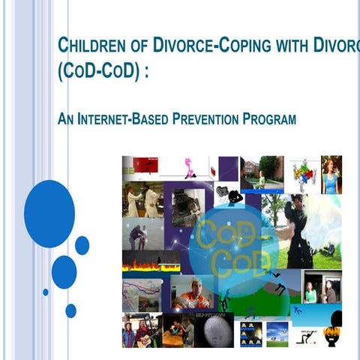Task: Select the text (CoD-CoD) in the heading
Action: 98,76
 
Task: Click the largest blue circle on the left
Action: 49,214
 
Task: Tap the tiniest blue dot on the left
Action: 46,292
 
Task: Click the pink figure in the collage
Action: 187,166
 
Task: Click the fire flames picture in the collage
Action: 151,262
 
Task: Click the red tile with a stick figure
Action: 145,165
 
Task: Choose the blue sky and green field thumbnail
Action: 277,333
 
